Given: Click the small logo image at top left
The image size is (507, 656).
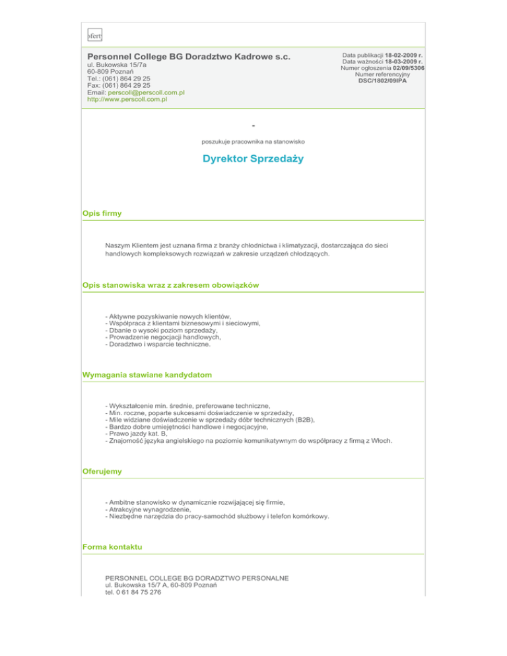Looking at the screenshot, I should click(95, 35).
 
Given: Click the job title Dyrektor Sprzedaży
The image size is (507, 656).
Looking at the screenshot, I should click(253, 160).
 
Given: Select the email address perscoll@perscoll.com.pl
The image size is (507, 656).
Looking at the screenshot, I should click(146, 92).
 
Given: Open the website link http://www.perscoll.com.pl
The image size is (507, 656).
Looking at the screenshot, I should click(127, 100).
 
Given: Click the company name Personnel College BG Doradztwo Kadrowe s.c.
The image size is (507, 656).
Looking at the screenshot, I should click(189, 57).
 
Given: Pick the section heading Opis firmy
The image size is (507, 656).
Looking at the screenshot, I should click(102, 214).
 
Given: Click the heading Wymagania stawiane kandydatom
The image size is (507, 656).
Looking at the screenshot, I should click(147, 375).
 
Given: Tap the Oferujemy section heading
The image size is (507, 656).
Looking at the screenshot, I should click(102, 472).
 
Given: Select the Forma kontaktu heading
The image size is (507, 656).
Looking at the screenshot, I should click(112, 548).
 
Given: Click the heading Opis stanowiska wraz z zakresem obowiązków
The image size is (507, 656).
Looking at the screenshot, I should click(171, 284).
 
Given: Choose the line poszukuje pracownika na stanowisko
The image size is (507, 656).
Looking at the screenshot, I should click(253, 141).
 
